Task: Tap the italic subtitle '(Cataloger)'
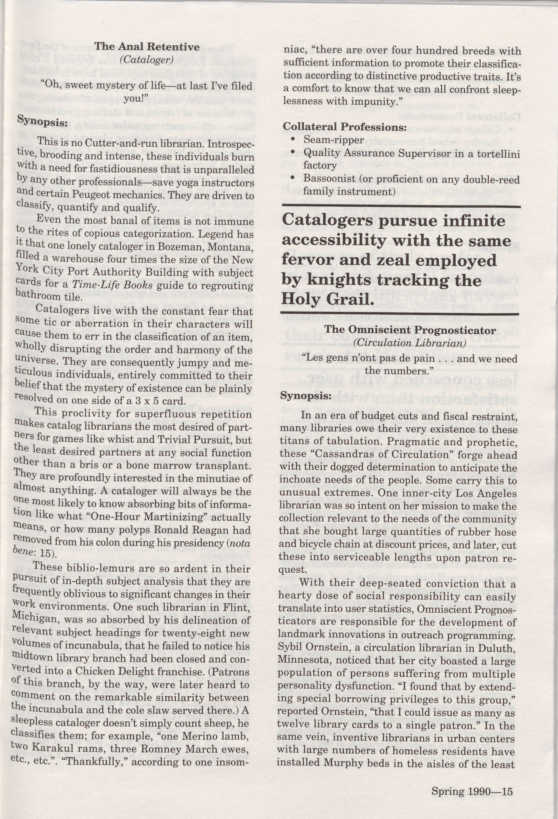(x=146, y=60)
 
